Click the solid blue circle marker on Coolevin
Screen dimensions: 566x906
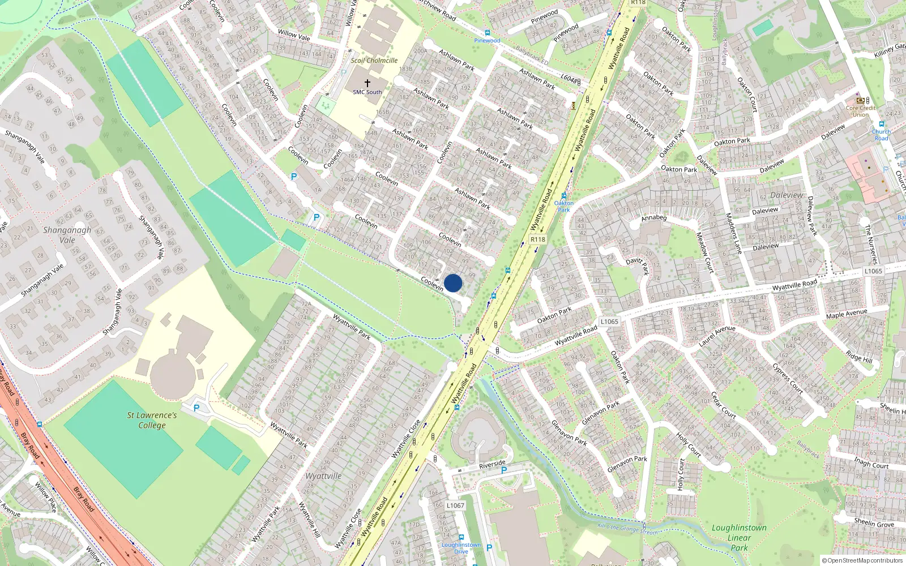[453, 283]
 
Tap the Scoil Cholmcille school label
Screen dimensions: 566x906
[374, 61]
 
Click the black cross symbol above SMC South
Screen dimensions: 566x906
[367, 83]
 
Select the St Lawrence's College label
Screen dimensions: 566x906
[152, 420]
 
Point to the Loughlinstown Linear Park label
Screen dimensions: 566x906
[739, 537]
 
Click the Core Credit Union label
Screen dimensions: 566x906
[861, 111]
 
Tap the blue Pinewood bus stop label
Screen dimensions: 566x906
[487, 41]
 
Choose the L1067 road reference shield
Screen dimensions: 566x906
[455, 505]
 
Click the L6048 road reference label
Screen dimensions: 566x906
[570, 79]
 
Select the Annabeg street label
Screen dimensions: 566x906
[654, 218]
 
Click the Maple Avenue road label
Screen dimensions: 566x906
[847, 314]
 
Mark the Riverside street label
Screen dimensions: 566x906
[492, 464]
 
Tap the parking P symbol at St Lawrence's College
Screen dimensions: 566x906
[196, 408]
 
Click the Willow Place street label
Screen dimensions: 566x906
[45, 497]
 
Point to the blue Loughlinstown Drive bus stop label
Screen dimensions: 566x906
[461, 548]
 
